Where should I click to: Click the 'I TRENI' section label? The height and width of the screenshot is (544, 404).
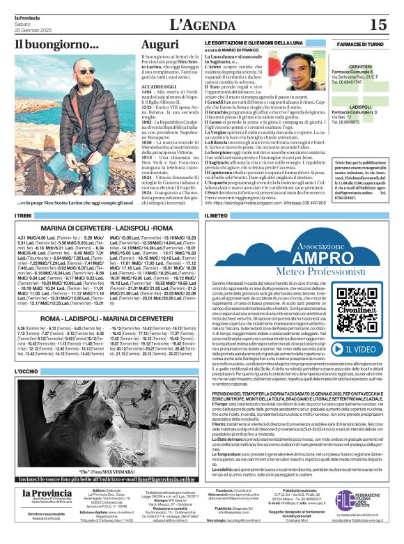[24, 217]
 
